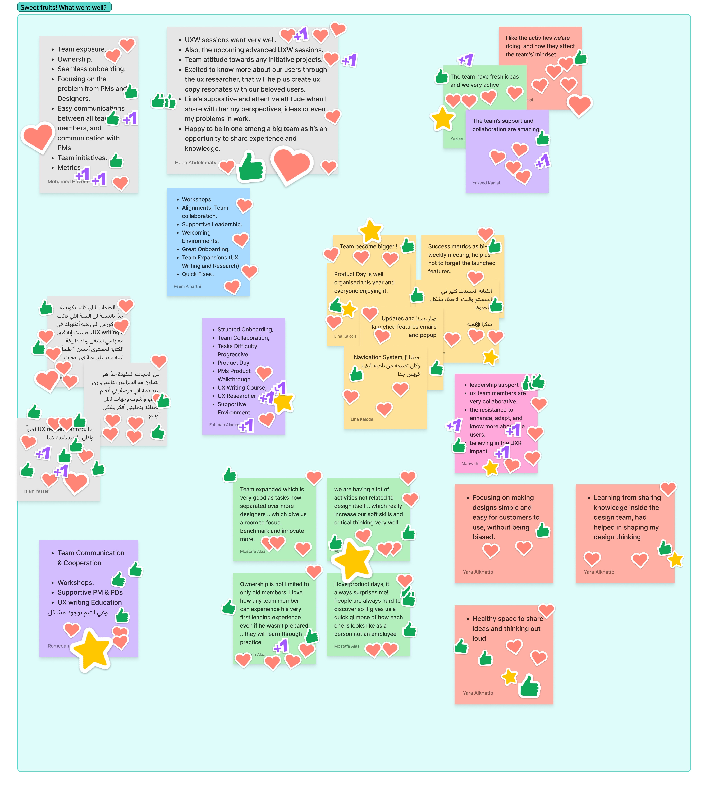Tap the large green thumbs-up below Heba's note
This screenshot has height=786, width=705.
pos(251,167)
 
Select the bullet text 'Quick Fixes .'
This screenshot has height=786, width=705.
pos(198,274)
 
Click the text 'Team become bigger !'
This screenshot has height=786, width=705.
pos(368,247)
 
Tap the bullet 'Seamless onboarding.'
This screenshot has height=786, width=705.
pos(91,69)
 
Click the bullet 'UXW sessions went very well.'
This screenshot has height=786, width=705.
pos(231,40)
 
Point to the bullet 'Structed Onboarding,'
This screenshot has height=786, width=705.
pos(245,330)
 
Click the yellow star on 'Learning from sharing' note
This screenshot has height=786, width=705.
pos(675,559)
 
